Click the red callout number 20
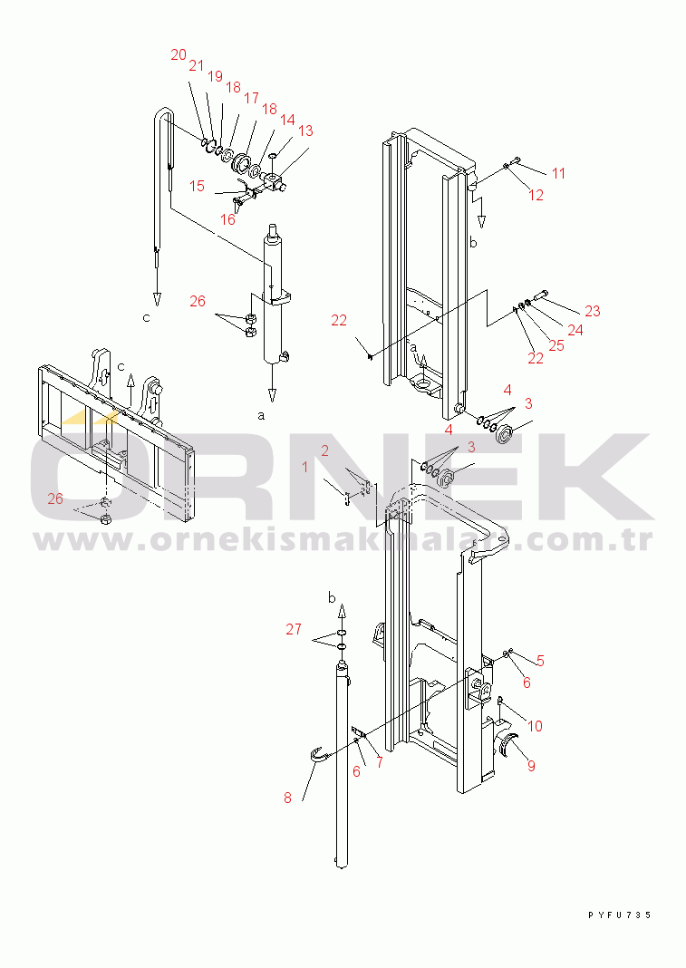pos(179,55)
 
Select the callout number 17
pos(251,98)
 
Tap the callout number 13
pos(305,131)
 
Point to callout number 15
pos(197,186)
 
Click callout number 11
pos(558,173)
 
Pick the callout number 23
pos(593,311)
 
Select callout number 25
pos(556,345)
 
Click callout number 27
pos(294,629)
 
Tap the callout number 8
pos(287,799)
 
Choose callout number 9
pos(531,766)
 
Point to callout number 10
pos(535,726)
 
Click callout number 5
pos(540,661)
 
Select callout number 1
pos(305,468)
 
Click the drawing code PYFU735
pos(619,915)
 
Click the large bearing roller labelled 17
pos(239,163)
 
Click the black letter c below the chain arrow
pos(146,318)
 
